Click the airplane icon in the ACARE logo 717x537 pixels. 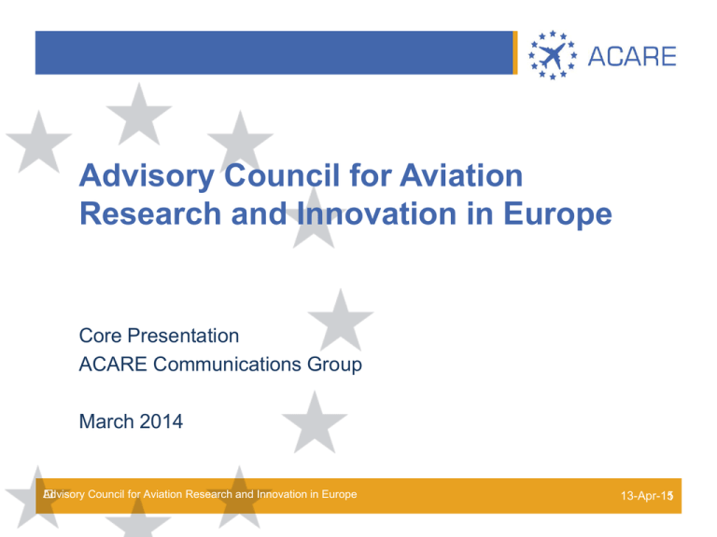pyautogui.click(x=553, y=56)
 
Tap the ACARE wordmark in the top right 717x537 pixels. pyautogui.click(x=632, y=57)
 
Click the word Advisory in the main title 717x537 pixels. pyautogui.click(x=147, y=176)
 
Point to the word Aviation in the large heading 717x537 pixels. pyautogui.click(x=461, y=175)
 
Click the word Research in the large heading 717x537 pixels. pyautogui.click(x=150, y=213)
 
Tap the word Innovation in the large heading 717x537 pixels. pyautogui.click(x=377, y=213)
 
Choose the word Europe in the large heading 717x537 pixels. pyautogui.click(x=557, y=214)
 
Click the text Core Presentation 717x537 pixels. pyautogui.click(x=159, y=336)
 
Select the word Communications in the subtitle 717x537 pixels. pyautogui.click(x=227, y=365)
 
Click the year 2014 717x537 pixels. pyautogui.click(x=161, y=421)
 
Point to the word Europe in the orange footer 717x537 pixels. pyautogui.click(x=339, y=494)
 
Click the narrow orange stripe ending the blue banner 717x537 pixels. pyautogui.click(x=515, y=52)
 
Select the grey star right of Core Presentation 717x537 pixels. pyautogui.click(x=341, y=321)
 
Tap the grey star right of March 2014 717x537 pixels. pyautogui.click(x=315, y=423)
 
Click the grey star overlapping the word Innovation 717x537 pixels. pyautogui.click(x=314, y=219)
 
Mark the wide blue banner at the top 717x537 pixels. pyautogui.click(x=274, y=52)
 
